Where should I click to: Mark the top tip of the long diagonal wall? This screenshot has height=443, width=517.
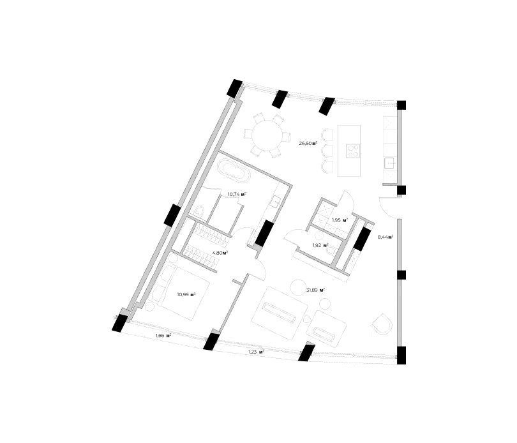click(x=243, y=86)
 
